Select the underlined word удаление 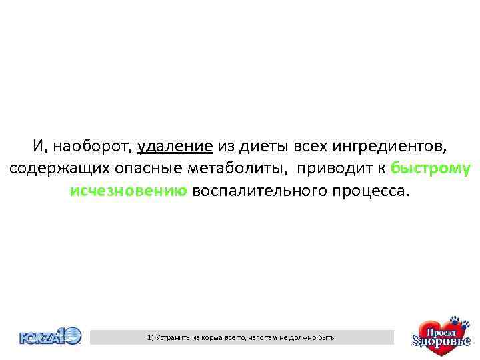coord(175,145)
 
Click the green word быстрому coord(431,168)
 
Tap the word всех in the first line coord(309,145)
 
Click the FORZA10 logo coord(50,336)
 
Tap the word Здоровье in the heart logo coord(441,343)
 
